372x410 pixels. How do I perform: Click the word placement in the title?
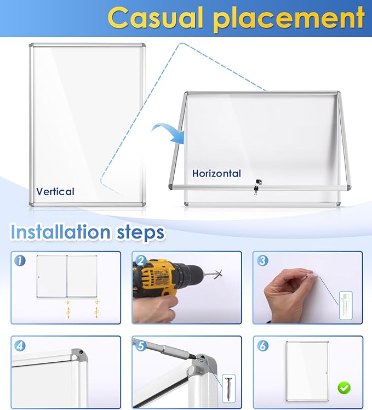(x=288, y=19)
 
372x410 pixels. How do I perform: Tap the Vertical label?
(x=55, y=191)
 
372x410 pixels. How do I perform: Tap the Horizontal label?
(x=216, y=174)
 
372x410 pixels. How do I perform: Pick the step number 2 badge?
(x=140, y=261)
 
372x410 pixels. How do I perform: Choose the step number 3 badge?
(x=261, y=261)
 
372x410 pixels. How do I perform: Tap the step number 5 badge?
(x=140, y=346)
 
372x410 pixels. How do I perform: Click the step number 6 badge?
(x=261, y=346)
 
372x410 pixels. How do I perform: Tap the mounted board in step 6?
(x=305, y=369)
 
